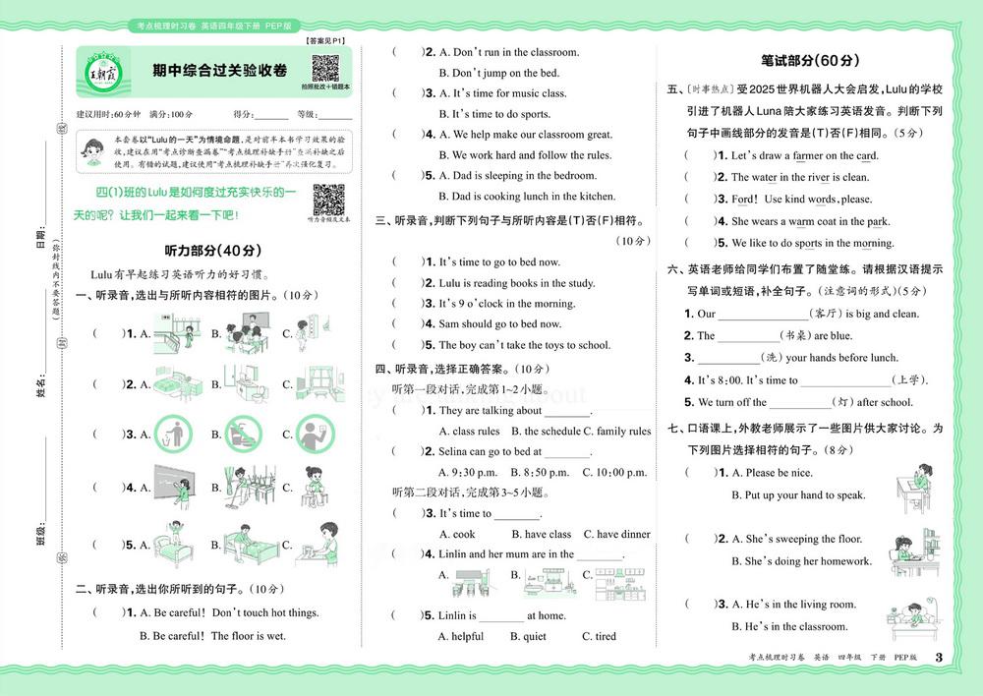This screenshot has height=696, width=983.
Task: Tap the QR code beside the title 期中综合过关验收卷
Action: point(325,70)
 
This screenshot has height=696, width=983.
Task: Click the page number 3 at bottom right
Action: point(939,658)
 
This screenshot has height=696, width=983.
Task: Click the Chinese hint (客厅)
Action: point(822,314)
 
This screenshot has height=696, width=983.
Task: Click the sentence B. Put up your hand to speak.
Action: point(798,495)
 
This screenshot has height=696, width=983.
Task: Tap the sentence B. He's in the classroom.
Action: point(789,626)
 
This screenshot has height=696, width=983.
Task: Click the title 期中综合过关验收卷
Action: point(220,70)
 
